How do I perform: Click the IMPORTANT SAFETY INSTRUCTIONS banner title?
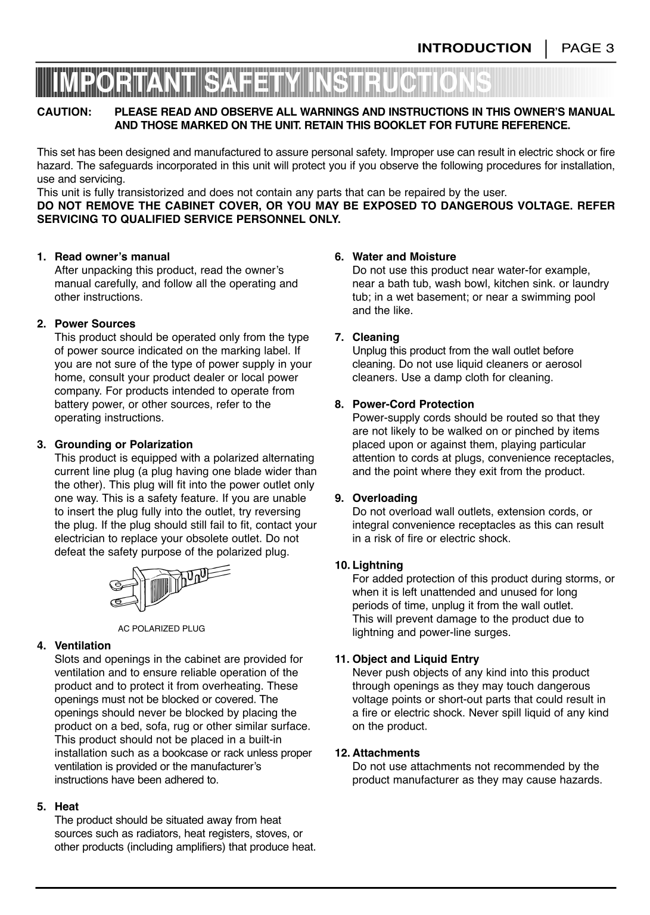(271, 83)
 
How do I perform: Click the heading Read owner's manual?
(112, 257)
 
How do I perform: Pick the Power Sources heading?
(95, 324)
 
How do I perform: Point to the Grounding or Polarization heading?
(123, 444)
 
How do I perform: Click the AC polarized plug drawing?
(169, 587)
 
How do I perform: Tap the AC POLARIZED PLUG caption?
(161, 628)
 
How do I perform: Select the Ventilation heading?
(82, 646)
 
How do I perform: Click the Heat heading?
(67, 807)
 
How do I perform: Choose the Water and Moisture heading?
(404, 257)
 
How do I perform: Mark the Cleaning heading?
(375, 337)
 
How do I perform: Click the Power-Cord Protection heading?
(413, 404)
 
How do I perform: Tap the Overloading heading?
(384, 498)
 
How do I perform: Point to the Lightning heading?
(377, 565)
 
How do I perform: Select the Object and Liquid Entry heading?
(415, 659)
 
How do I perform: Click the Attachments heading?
(385, 753)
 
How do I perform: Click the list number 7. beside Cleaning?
(339, 337)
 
